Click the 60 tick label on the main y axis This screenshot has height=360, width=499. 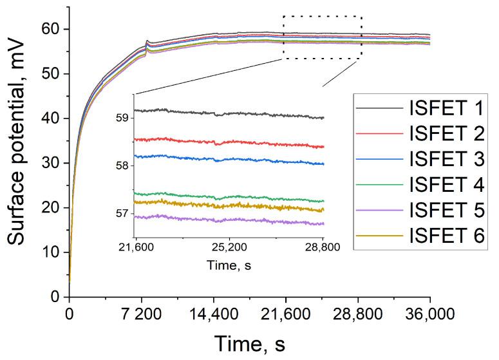(52, 29)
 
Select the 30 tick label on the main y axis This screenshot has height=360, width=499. (52, 163)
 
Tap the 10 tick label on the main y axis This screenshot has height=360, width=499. (52, 252)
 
